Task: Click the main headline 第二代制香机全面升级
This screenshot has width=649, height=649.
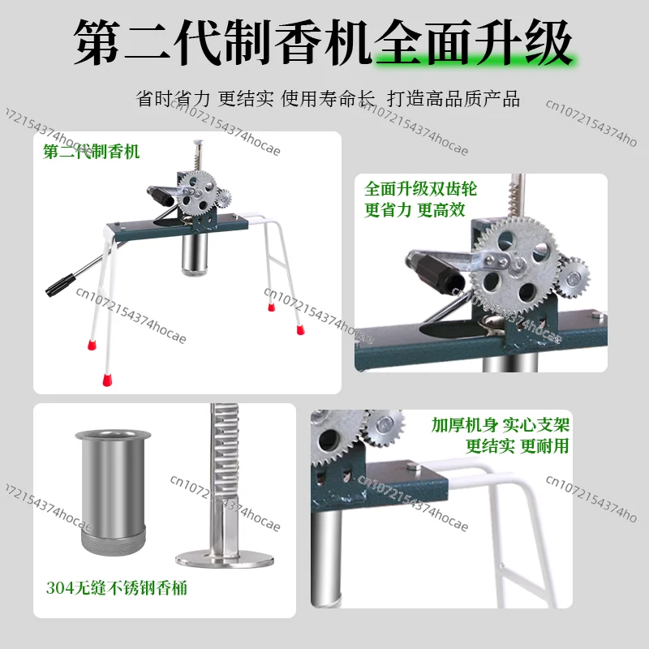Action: pos(323,43)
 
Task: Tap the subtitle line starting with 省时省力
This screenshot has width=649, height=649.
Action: pos(328,99)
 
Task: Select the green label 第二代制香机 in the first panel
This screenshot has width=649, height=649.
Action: pos(91,152)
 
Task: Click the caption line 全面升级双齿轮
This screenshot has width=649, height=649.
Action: pos(420,189)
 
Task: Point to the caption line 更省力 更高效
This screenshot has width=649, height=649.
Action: pos(415,210)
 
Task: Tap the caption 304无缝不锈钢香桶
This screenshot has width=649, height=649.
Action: pos(116,587)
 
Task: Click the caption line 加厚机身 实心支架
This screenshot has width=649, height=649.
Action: pos(501,424)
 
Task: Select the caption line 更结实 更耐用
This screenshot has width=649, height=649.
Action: pos(518,445)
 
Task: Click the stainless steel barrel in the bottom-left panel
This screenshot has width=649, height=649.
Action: pos(113,492)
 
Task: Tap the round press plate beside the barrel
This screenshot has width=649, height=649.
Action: pos(225,558)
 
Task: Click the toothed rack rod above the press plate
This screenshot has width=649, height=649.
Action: pos(224,476)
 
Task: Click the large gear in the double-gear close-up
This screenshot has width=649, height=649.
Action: pos(516,265)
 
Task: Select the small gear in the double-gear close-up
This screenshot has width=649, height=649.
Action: pos(574,277)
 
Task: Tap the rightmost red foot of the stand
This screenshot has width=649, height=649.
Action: pos(300,329)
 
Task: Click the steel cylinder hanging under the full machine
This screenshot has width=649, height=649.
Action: pos(194,253)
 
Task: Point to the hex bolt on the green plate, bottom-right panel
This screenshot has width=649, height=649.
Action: pos(413,467)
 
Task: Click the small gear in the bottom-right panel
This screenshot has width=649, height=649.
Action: pos(384,428)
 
